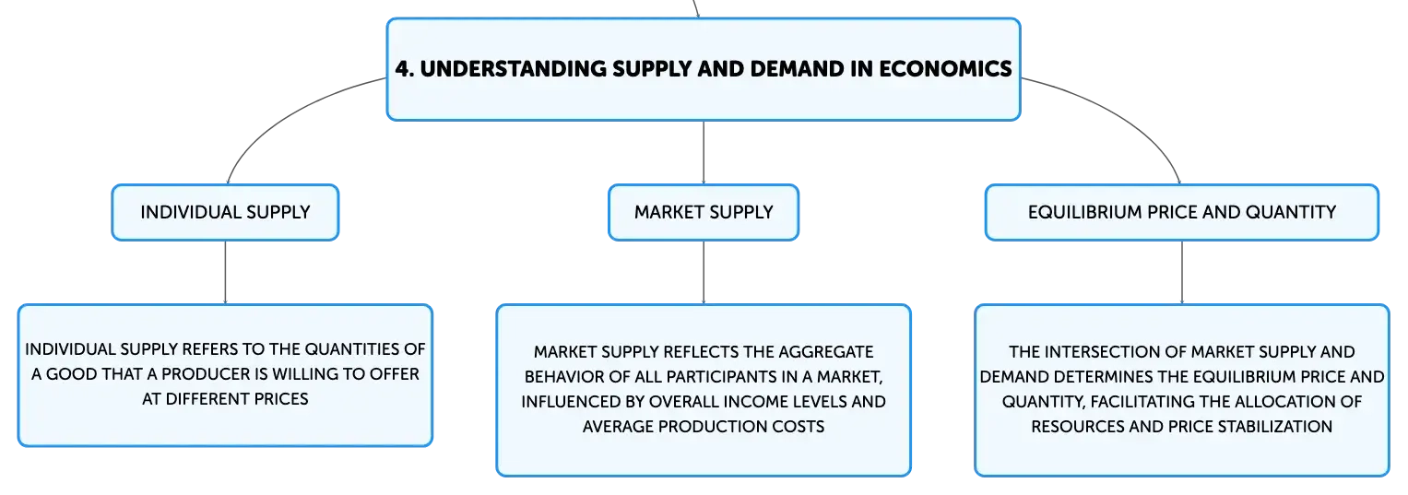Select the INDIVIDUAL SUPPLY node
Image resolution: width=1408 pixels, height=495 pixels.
[x=225, y=212]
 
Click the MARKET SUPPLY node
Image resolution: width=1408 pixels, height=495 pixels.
[x=704, y=212]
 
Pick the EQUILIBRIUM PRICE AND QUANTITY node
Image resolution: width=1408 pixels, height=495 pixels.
[x=1182, y=212]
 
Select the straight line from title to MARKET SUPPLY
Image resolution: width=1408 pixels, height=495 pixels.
[x=704, y=152]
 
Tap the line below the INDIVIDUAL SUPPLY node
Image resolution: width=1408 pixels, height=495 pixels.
[x=225, y=272]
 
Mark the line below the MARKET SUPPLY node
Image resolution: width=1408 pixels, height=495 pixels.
[x=704, y=272]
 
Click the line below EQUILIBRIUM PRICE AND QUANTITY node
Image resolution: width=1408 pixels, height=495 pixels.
[x=1182, y=272]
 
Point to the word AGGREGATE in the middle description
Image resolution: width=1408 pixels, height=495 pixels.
[x=826, y=352]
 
